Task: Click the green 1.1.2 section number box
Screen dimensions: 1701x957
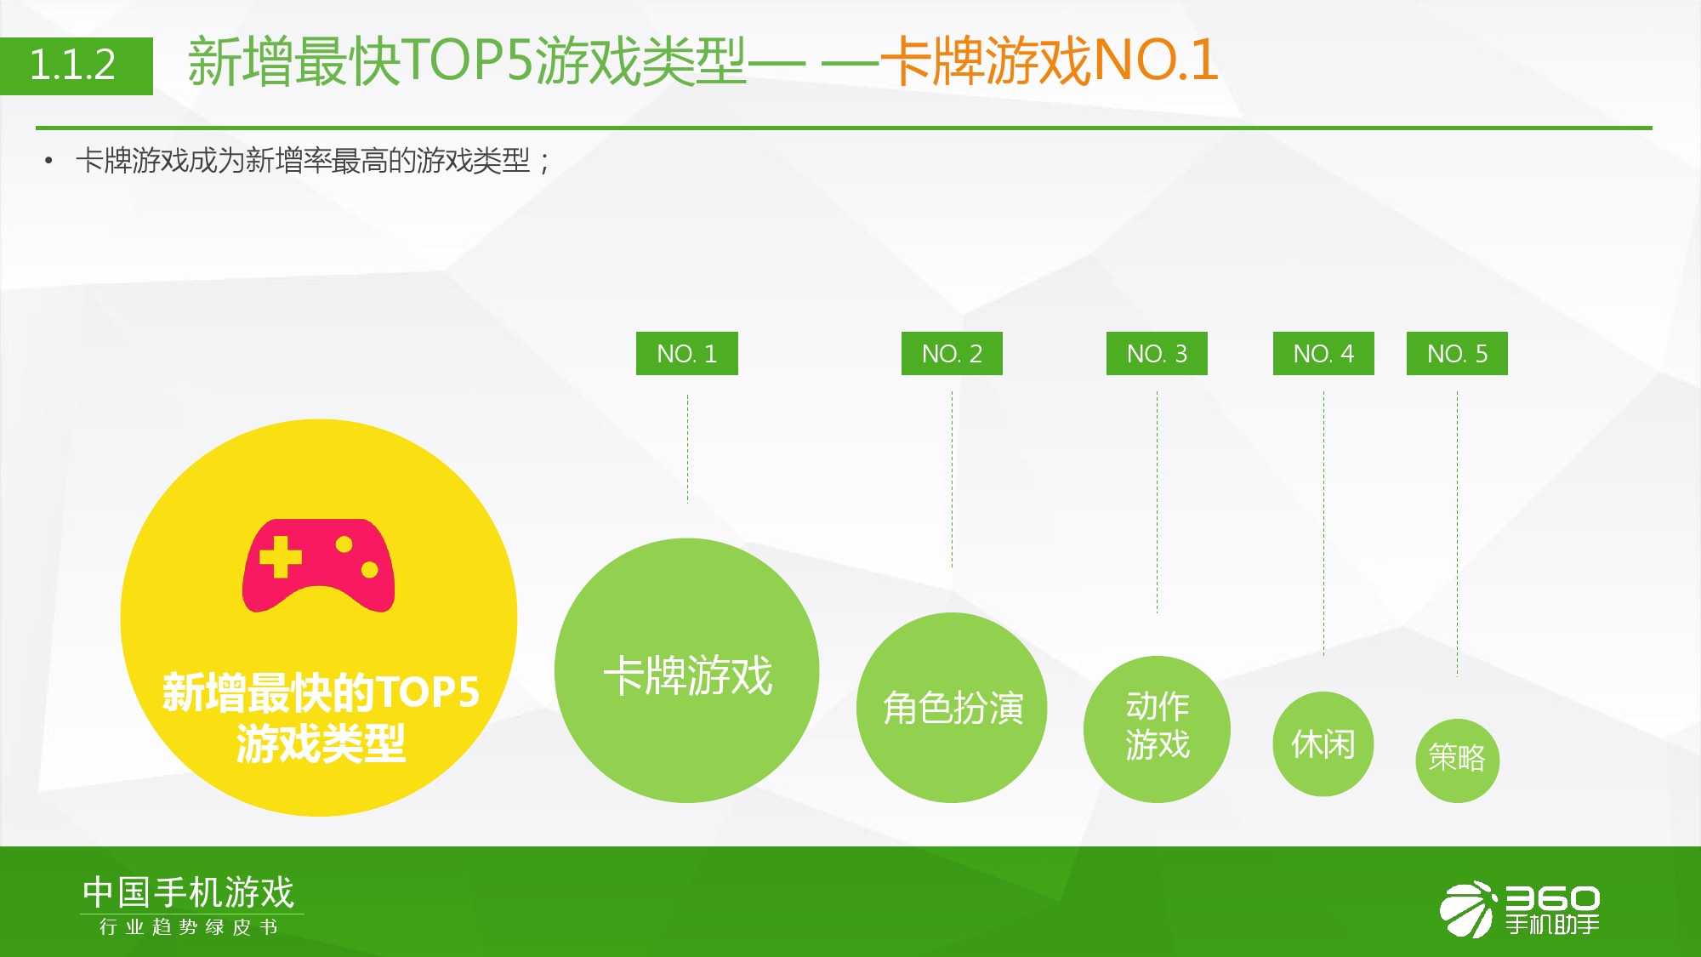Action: point(77,66)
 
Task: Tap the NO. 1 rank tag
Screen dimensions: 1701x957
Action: point(687,353)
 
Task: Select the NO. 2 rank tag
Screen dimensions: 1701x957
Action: point(952,353)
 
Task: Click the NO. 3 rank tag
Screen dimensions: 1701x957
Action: point(1157,353)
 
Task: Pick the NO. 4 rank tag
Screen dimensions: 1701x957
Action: point(1323,353)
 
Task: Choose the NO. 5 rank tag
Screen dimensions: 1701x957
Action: point(1457,353)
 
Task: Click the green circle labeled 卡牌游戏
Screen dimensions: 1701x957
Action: point(687,670)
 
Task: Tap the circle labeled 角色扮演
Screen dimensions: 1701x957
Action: point(952,708)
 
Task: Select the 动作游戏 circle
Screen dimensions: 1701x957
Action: point(1157,729)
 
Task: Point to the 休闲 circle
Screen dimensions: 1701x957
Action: point(1323,744)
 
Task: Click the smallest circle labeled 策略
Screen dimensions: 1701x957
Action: point(1457,760)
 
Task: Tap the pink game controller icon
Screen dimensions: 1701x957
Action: point(319,566)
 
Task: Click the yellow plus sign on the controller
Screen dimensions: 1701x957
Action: point(281,558)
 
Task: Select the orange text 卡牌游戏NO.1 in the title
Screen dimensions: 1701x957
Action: point(1050,60)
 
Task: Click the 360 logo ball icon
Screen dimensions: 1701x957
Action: point(1467,909)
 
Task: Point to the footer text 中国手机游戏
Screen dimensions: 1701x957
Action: point(189,892)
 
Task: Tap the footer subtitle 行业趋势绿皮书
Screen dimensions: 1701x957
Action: point(189,926)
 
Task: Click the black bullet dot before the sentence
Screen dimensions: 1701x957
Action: point(48,160)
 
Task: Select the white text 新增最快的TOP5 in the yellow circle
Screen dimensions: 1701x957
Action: point(321,692)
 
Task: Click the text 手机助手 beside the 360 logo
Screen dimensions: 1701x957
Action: point(1553,924)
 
